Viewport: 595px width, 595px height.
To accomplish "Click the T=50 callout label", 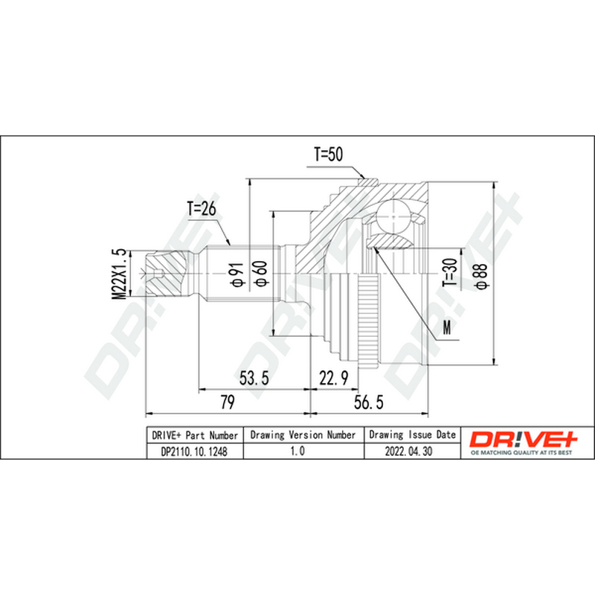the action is point(328,154).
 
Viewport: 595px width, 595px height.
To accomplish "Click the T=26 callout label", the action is point(202,208).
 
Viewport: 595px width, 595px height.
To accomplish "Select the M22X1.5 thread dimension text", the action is point(119,274).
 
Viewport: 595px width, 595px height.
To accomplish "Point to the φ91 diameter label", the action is point(237,274).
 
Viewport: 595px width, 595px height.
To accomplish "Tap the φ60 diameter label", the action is point(263,273).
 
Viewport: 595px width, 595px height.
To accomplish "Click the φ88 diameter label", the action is point(481,277).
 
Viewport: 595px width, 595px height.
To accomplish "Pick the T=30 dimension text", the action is point(451,272).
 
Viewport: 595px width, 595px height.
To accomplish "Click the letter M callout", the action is point(448,327).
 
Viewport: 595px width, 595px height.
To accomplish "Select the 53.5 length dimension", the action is point(254,378).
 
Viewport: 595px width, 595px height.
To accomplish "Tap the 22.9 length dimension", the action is point(333,378).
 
